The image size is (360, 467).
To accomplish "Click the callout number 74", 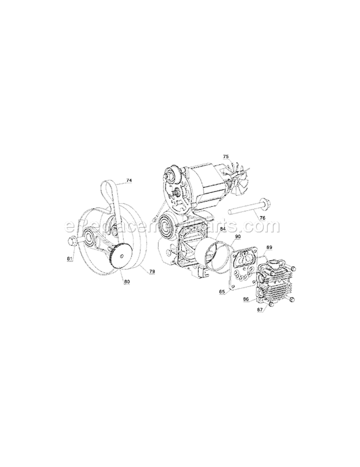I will [x=129, y=180].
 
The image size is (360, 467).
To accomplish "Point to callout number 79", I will [x=152, y=271].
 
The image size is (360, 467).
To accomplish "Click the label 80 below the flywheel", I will [x=127, y=282].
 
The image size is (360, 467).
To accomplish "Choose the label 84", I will [x=222, y=229].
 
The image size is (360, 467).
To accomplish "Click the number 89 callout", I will [x=269, y=247].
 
